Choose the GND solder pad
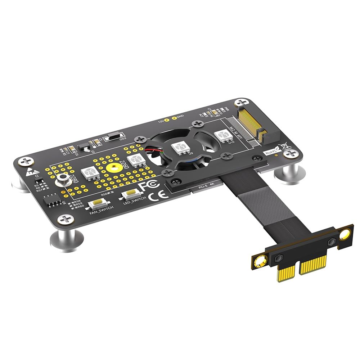pyautogui.click(x=174, y=117)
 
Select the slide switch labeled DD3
pyautogui.click(x=112, y=138)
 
